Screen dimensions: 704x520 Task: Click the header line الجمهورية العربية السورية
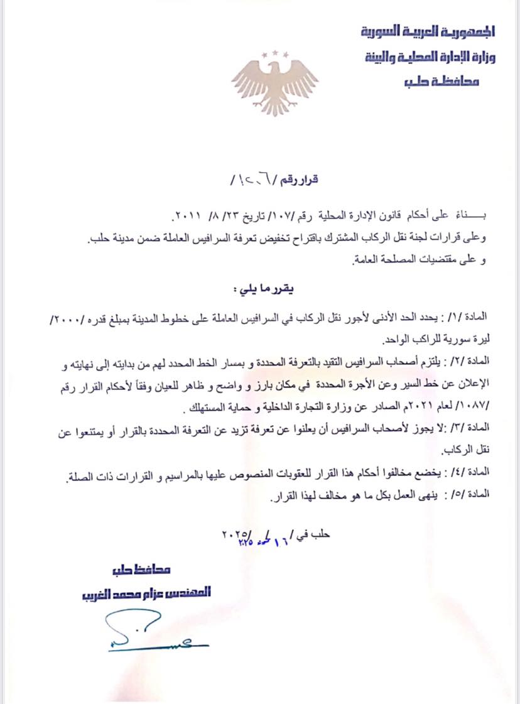[428, 31]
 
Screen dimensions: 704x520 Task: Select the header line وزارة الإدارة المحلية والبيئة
[430, 57]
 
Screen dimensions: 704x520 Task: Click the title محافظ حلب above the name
[146, 570]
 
